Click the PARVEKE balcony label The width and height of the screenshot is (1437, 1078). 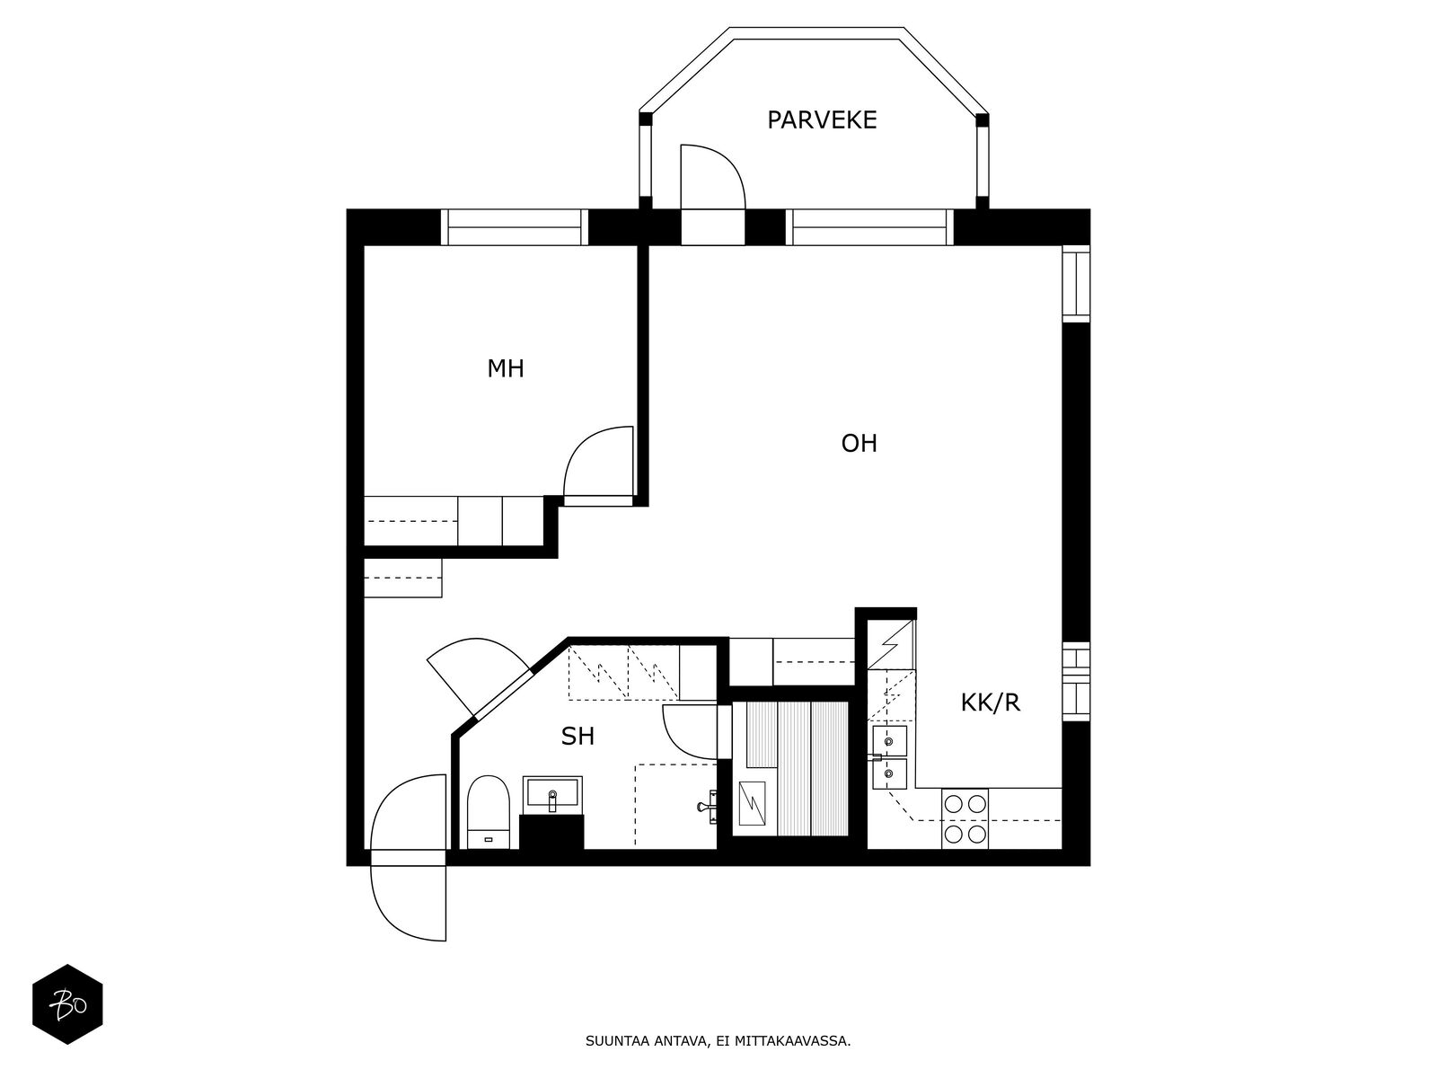(x=822, y=120)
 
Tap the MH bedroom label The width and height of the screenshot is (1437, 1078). (x=506, y=369)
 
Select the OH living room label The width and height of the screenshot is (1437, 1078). (x=859, y=444)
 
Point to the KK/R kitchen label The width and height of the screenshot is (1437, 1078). (x=990, y=703)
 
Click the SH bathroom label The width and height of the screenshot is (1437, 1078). (x=577, y=737)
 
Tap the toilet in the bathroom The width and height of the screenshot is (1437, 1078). (x=489, y=812)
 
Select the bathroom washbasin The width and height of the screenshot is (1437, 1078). (x=552, y=792)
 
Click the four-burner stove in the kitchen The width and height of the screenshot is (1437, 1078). (x=965, y=818)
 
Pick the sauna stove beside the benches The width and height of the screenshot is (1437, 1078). (x=753, y=803)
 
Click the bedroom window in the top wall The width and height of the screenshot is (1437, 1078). (x=514, y=227)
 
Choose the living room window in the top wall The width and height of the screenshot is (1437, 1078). (x=869, y=227)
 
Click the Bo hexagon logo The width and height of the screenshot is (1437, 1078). (x=67, y=1004)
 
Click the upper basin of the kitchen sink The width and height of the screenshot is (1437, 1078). (x=889, y=741)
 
